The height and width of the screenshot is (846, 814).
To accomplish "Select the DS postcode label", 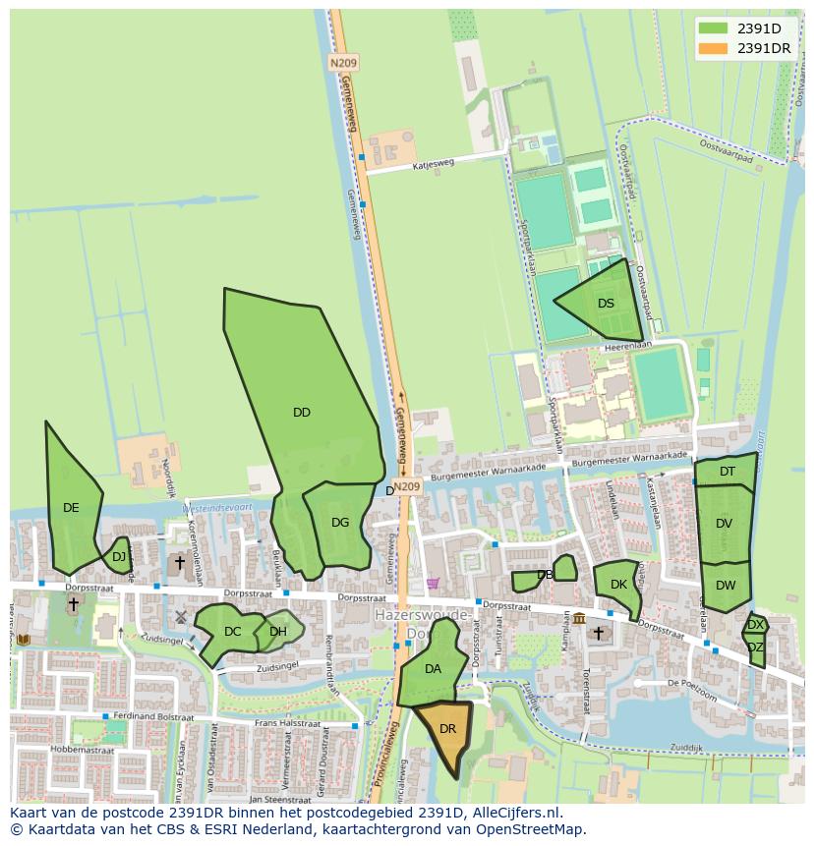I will pyautogui.click(x=606, y=304).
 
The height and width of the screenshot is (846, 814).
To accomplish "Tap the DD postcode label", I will pyautogui.click(x=302, y=413).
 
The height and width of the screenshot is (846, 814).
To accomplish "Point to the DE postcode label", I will pyautogui.click(x=71, y=508).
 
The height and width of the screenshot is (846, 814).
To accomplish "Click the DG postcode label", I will pyautogui.click(x=340, y=523).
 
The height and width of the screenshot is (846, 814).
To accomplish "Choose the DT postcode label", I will pyautogui.click(x=727, y=472).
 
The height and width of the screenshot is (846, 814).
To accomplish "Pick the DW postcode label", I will pyautogui.click(x=726, y=586).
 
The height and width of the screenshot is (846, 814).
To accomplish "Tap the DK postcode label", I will pyautogui.click(x=618, y=585).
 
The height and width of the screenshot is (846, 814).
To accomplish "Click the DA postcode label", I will pyautogui.click(x=433, y=669).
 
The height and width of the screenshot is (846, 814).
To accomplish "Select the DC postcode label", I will pyautogui.click(x=232, y=632).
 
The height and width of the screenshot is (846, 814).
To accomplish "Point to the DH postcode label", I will pyautogui.click(x=278, y=632).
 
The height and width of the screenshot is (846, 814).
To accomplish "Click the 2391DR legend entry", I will pyautogui.click(x=764, y=48).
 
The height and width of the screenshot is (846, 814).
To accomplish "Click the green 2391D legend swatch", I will pyautogui.click(x=713, y=28).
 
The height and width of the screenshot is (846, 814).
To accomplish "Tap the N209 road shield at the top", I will pyautogui.click(x=343, y=63).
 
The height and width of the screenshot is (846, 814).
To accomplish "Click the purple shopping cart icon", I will pyautogui.click(x=433, y=583).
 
